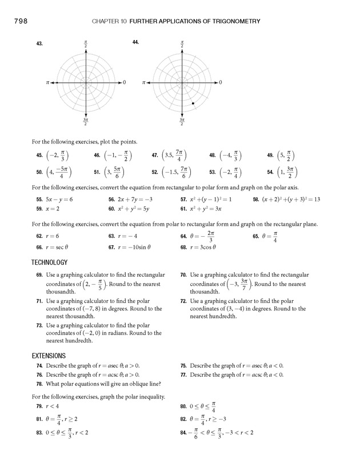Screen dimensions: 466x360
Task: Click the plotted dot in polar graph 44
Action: point(193,103)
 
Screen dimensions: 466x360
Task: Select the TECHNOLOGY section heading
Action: point(49,262)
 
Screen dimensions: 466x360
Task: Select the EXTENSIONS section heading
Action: point(49,355)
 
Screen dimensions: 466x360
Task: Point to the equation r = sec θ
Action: point(57,248)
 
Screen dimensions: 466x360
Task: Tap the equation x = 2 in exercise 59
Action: point(52,209)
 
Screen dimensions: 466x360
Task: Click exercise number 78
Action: point(38,384)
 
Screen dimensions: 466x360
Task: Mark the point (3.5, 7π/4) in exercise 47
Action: point(174,156)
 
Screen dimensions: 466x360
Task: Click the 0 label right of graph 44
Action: point(221,83)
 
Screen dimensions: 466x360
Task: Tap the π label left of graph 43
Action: point(48,83)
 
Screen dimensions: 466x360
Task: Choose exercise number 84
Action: point(183,432)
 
